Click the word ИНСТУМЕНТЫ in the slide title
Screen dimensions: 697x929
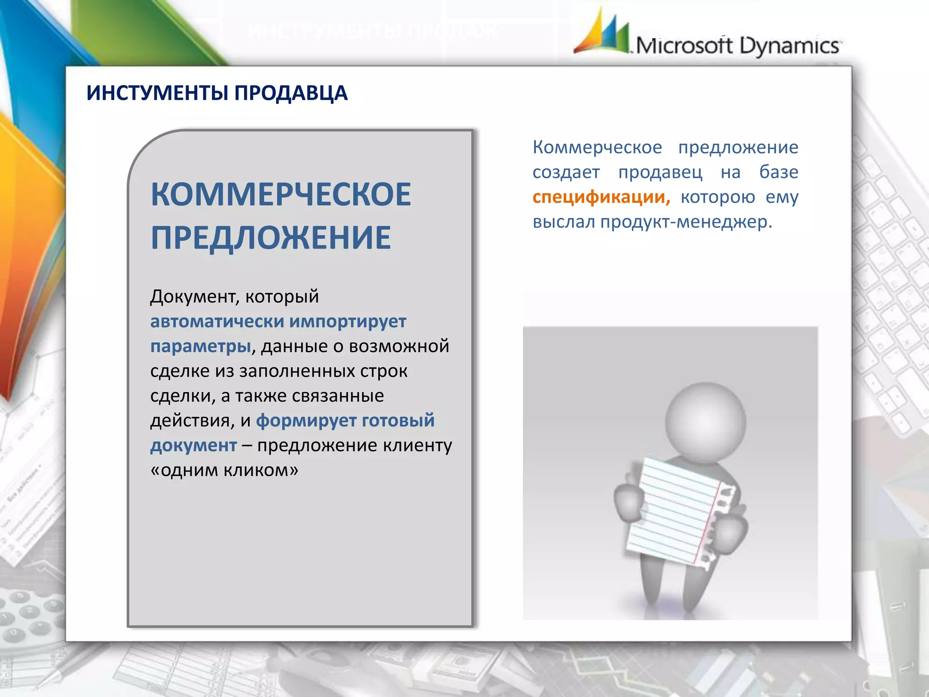click(x=157, y=93)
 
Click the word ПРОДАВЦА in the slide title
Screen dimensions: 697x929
click(x=291, y=93)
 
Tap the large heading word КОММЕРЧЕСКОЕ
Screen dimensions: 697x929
click(x=281, y=195)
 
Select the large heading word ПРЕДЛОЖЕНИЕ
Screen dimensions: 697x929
click(x=271, y=238)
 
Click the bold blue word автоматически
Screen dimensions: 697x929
click(x=217, y=321)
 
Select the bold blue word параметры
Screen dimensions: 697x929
click(x=200, y=346)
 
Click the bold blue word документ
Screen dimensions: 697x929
click(x=194, y=446)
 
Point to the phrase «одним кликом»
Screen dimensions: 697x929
click(x=225, y=471)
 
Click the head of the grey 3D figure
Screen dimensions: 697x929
click(x=705, y=422)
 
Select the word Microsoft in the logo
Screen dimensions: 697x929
click(x=684, y=46)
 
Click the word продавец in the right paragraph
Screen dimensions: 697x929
click(x=660, y=172)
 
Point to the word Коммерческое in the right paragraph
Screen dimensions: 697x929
click(x=597, y=147)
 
